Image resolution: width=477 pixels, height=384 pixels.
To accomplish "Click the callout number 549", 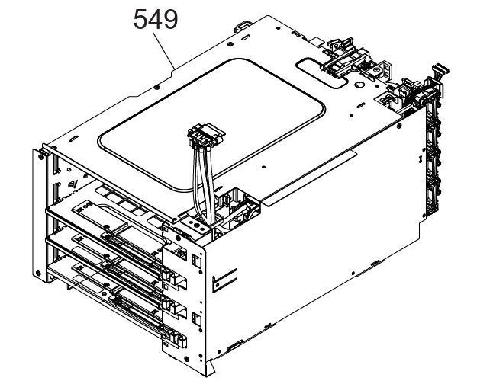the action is pyautogui.click(x=156, y=19).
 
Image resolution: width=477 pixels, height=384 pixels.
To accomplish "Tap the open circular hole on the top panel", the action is pyautogui.click(x=359, y=85).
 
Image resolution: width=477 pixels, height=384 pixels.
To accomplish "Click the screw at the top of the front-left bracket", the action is pyautogui.click(x=40, y=156).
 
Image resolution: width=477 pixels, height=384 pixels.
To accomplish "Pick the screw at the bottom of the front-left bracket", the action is pyautogui.click(x=37, y=273).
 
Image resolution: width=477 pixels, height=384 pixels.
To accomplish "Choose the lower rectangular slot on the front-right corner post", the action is pyautogui.click(x=196, y=319).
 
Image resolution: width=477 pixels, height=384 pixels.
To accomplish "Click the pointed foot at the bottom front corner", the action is pyautogui.click(x=210, y=367).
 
